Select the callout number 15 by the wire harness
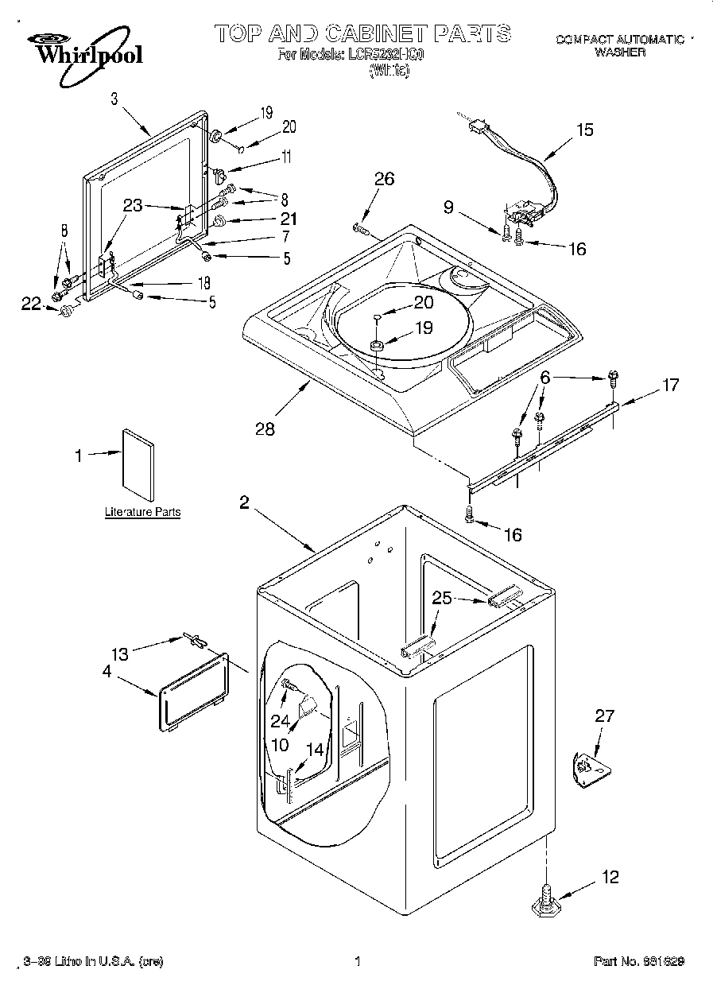pyautogui.click(x=584, y=130)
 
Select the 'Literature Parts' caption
pyautogui.click(x=142, y=513)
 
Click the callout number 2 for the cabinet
pyautogui.click(x=244, y=502)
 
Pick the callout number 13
pyautogui.click(x=119, y=653)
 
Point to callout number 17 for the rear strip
pyautogui.click(x=670, y=385)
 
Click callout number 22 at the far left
pyautogui.click(x=30, y=303)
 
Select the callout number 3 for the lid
pyautogui.click(x=114, y=99)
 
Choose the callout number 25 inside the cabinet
pyautogui.click(x=442, y=598)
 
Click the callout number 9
pyautogui.click(x=448, y=208)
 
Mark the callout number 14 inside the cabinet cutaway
pyautogui.click(x=315, y=749)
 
